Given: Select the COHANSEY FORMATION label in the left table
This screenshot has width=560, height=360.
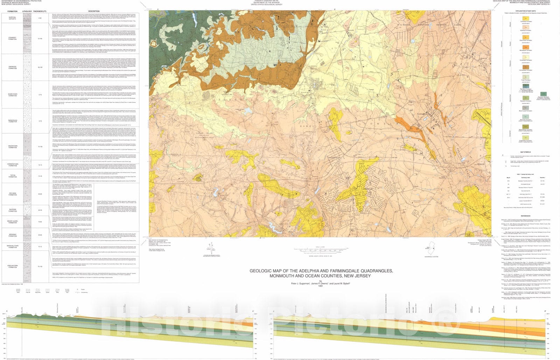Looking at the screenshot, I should point(13,39).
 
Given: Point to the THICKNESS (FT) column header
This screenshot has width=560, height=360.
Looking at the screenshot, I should point(40,11).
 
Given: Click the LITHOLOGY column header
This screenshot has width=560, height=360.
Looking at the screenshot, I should point(27,11).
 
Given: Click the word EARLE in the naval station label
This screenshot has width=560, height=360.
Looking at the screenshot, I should point(457,25).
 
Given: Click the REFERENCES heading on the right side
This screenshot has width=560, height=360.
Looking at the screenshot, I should point(525,216).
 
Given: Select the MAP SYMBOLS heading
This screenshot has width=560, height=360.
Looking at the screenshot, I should point(525,152).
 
